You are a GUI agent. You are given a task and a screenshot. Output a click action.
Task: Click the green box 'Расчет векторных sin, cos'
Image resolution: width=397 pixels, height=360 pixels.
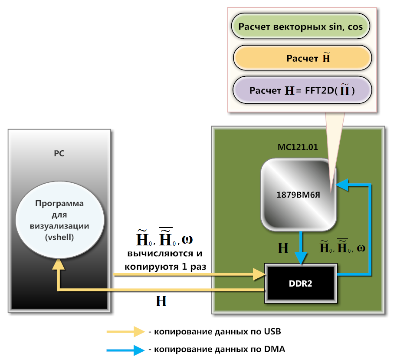[301, 26]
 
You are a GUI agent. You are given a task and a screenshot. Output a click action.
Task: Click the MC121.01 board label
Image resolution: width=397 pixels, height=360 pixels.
[297, 147]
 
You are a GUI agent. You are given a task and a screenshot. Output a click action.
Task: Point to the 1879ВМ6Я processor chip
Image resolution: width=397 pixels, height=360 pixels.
[299, 195]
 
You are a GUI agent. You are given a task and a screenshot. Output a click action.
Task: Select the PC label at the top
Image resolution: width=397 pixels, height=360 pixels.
[59, 153]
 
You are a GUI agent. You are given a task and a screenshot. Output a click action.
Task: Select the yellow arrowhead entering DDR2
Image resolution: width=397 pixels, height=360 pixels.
[259, 274]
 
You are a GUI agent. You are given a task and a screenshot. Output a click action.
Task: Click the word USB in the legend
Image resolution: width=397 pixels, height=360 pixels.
[272, 332]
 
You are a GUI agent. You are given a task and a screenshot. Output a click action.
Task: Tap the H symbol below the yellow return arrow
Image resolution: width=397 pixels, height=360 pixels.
[161, 301]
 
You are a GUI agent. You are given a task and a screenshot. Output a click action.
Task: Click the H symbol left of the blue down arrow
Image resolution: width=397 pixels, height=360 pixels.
[283, 248]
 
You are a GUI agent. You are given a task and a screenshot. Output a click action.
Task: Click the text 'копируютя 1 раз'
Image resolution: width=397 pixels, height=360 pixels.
[165, 266]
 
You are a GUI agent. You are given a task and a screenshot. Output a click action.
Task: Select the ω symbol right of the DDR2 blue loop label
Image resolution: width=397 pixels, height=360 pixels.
[361, 248]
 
